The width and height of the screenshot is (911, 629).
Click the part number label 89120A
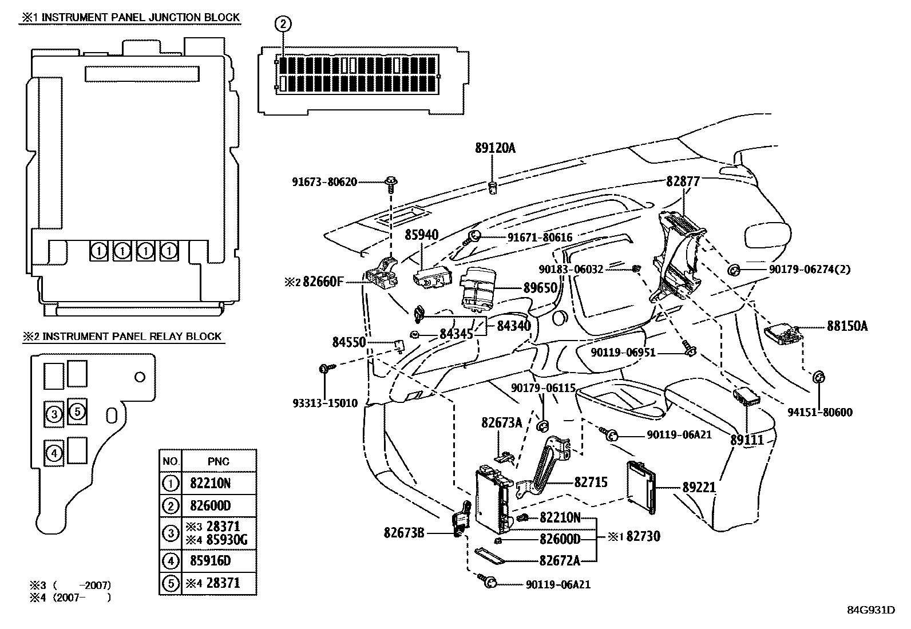point(495,148)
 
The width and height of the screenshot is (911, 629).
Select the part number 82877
point(683,181)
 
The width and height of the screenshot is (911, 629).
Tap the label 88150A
point(847,326)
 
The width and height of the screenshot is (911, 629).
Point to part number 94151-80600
point(820,412)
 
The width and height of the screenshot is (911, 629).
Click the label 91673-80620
point(324,182)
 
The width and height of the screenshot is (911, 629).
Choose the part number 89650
point(540,288)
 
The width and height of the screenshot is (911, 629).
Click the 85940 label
point(422,235)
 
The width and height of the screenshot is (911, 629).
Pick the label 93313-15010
point(325,403)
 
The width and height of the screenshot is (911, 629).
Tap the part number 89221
point(699,487)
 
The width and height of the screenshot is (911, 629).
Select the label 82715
point(591,482)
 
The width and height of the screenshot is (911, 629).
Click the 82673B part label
point(404,533)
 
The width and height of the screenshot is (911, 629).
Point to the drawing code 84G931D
point(871,610)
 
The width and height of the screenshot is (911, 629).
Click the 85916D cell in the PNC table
point(210,561)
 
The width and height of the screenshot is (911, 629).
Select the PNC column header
point(219,461)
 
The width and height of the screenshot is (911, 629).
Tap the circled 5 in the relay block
point(77,412)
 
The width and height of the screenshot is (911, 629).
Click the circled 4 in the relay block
point(54,453)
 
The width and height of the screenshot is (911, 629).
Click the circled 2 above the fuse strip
point(283,24)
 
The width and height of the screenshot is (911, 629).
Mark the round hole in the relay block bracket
point(140,377)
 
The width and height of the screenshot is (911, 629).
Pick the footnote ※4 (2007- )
point(70,598)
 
